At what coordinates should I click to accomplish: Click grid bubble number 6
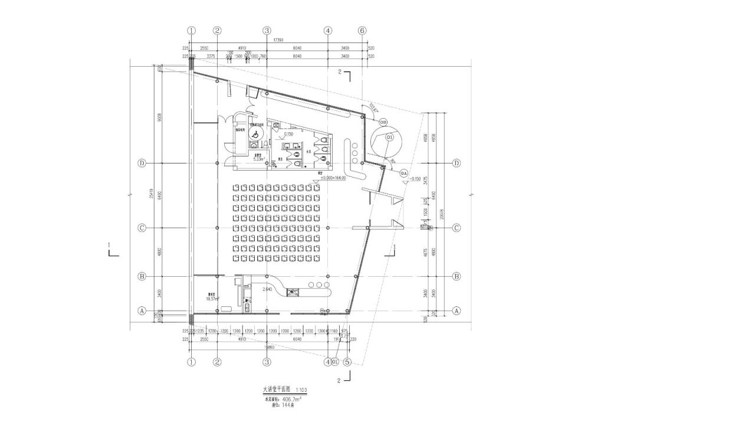coord(363,31)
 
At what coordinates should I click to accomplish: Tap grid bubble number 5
coord(347,362)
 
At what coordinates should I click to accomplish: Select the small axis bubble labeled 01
coord(334,362)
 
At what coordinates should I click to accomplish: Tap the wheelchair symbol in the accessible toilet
coord(254,134)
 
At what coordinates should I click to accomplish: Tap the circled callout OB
coord(383,122)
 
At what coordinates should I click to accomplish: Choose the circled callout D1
coord(390,137)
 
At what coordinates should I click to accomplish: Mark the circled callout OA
coord(404,173)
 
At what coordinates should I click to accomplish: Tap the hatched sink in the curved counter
coord(294,291)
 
